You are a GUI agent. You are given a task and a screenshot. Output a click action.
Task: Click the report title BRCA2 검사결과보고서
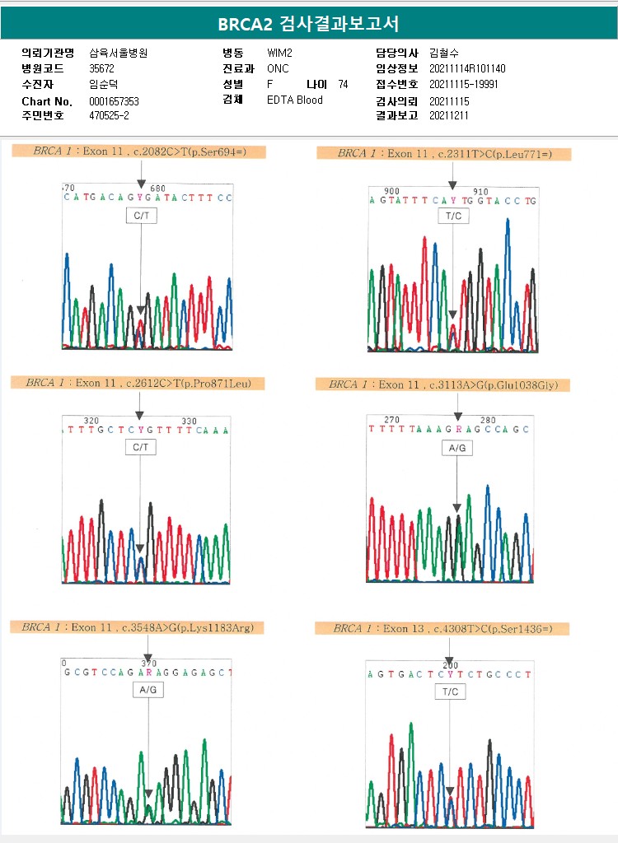click(x=308, y=24)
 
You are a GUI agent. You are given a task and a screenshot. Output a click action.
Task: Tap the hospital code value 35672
click(x=102, y=68)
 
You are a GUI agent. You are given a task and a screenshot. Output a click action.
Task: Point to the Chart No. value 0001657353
click(x=114, y=101)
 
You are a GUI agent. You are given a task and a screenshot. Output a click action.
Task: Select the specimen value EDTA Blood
click(x=295, y=100)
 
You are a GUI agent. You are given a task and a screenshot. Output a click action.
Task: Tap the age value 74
click(x=343, y=84)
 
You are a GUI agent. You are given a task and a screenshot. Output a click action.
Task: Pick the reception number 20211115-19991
click(x=464, y=84)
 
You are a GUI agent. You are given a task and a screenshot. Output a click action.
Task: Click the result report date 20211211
click(x=450, y=115)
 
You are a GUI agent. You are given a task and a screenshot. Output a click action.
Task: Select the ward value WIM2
click(x=280, y=53)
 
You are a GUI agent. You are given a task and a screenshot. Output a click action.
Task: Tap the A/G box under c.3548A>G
click(x=148, y=691)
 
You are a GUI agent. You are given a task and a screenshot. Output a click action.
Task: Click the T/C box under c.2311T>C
click(x=452, y=216)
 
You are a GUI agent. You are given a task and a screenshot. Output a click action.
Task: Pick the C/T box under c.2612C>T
click(x=140, y=447)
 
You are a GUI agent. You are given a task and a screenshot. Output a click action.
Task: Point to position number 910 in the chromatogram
click(x=480, y=191)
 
